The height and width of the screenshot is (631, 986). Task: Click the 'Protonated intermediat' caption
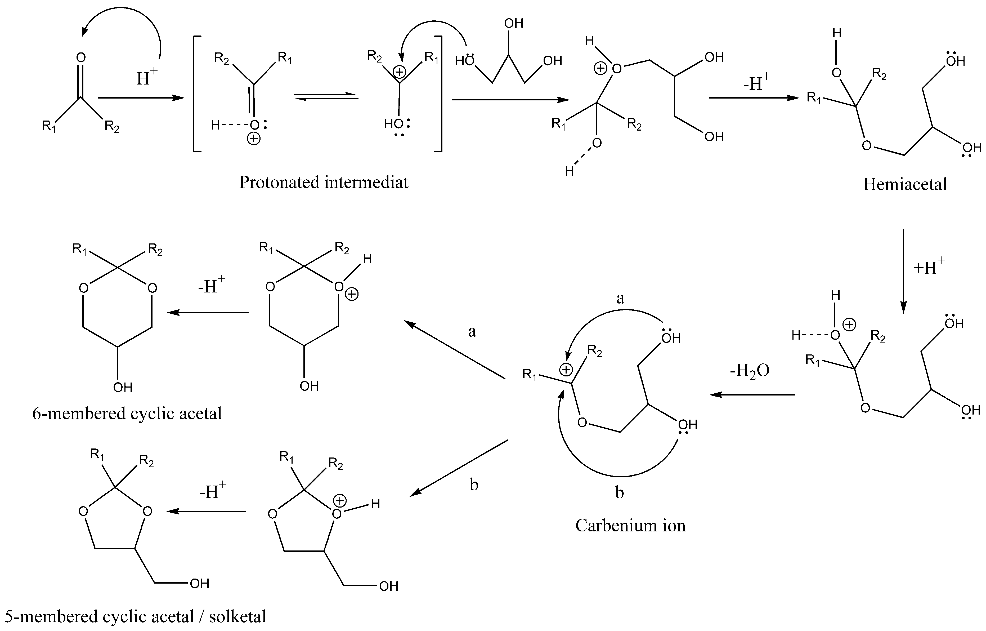324,182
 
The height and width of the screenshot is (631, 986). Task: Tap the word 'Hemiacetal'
905,184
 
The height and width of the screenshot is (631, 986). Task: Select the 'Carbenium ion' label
630,525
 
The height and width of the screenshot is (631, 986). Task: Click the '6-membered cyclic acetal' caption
127,414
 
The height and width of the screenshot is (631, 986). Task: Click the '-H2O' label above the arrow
749,371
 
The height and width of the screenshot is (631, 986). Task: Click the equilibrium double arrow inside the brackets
326,96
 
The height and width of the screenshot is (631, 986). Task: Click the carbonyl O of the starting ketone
81,58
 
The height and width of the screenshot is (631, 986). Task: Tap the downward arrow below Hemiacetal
903,270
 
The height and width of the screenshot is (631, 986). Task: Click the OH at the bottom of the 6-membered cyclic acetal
122,387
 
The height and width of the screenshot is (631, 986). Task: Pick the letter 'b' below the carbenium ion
620,492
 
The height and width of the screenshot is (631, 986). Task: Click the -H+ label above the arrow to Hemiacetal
756,83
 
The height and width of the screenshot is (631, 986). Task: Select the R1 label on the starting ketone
49,126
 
